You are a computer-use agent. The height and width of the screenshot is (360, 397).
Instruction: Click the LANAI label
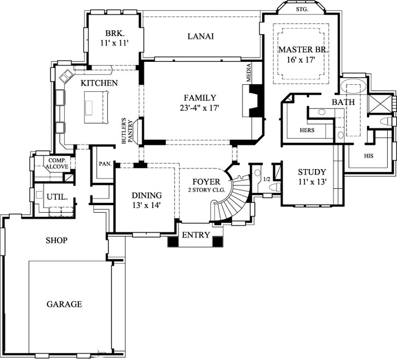(x=200, y=37)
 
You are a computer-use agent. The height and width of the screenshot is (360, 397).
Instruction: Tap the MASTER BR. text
(x=303, y=50)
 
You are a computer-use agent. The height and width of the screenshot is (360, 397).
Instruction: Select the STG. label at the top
(x=302, y=9)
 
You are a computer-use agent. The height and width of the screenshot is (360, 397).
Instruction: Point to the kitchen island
(x=96, y=107)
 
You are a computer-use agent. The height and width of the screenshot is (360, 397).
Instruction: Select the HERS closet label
(x=307, y=131)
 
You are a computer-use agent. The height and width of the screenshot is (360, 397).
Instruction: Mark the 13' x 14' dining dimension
(x=146, y=206)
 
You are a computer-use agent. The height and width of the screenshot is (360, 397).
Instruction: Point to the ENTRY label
(x=195, y=235)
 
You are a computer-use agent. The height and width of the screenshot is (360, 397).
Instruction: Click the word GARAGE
(x=64, y=304)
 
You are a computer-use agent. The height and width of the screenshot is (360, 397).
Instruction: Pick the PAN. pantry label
(x=105, y=164)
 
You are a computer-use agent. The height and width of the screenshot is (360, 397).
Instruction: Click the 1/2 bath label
(x=267, y=179)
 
